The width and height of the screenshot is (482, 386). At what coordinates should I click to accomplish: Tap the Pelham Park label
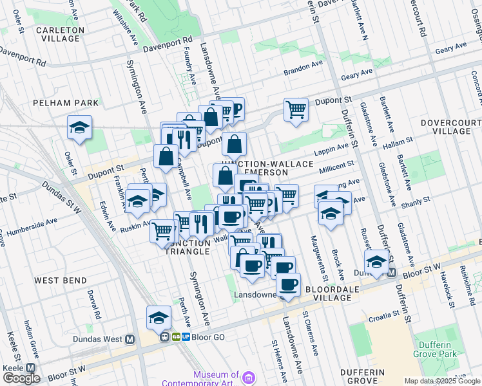(67, 102)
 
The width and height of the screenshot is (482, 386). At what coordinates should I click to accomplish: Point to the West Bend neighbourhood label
(57, 280)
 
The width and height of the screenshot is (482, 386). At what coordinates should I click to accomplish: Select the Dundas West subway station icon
(130, 339)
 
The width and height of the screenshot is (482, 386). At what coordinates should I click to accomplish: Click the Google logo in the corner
(21, 378)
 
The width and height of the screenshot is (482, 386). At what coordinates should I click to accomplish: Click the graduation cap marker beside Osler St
(79, 127)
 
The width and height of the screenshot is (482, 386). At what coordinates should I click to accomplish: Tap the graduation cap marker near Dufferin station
(376, 262)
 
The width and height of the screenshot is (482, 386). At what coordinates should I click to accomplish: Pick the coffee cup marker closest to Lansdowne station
(288, 284)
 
